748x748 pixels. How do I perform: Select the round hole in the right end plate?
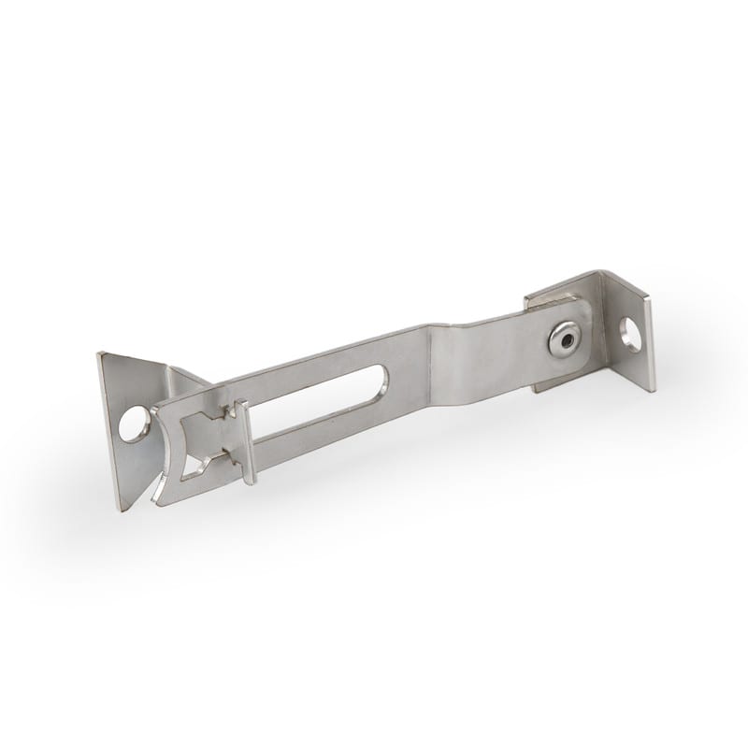pyautogui.click(x=632, y=334)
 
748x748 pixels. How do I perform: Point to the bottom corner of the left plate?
pyautogui.click(x=122, y=508)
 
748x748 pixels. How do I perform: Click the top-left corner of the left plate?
pyautogui.click(x=100, y=354)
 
